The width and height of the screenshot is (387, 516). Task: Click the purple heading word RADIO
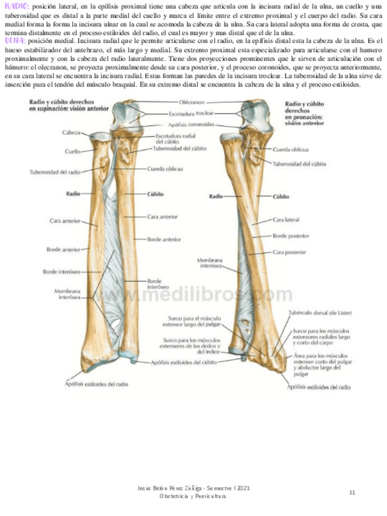[x=15, y=5]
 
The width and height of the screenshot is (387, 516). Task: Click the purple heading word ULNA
[x=13, y=40]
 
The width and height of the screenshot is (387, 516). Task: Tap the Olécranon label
[x=192, y=103]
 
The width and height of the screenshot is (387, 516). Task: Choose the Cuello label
[x=73, y=152]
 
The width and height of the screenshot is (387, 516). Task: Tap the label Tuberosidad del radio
[x=55, y=172]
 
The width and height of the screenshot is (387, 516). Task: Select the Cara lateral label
[x=286, y=219]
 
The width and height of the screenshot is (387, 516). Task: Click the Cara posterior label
[x=288, y=251]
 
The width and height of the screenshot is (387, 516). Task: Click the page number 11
[x=352, y=492]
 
